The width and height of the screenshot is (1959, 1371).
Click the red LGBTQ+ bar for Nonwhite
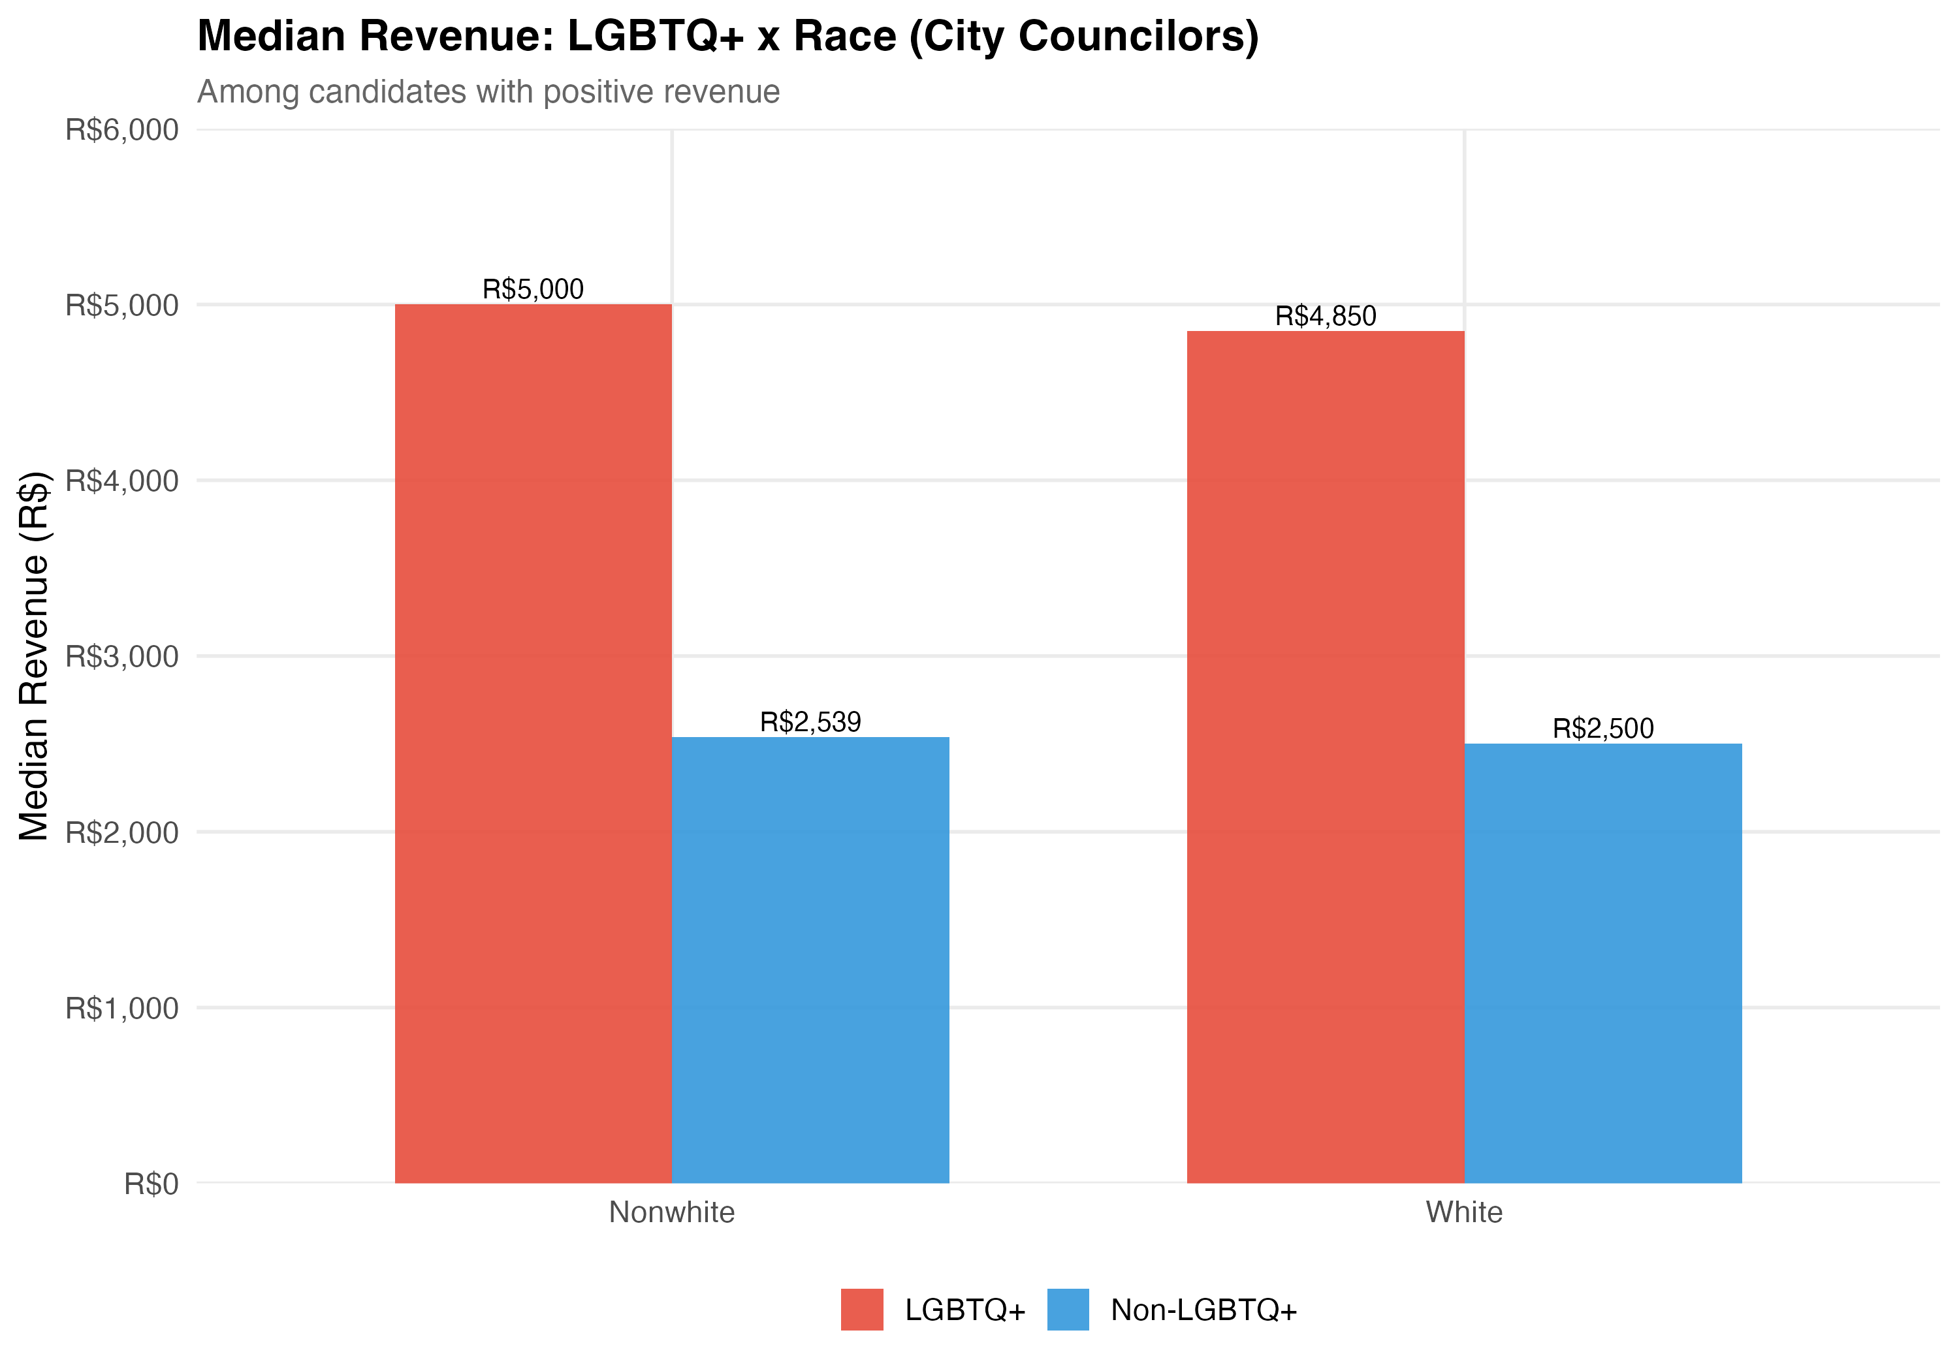click(534, 743)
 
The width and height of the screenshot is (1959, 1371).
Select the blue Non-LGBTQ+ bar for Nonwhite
click(810, 960)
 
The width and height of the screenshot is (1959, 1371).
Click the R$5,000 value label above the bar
click(534, 289)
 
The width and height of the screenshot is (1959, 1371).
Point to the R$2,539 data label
click(810, 722)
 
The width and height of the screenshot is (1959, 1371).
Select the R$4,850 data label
click(1325, 317)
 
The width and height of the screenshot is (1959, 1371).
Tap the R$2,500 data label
click(1603, 729)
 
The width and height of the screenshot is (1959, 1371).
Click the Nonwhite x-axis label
click(671, 1212)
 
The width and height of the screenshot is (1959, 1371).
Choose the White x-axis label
click(1464, 1212)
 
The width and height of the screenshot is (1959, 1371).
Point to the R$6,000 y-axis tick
click(122, 131)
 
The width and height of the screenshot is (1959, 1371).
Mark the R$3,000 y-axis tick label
click(122, 657)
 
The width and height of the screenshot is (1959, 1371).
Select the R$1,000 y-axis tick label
click(122, 1009)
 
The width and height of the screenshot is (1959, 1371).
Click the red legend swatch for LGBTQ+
click(862, 1310)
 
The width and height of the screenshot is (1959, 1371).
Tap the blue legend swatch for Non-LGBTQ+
click(1068, 1310)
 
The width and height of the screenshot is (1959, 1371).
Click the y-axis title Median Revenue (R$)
click(34, 656)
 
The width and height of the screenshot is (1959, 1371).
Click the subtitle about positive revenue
click(488, 92)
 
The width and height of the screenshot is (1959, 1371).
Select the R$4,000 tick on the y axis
click(122, 481)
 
